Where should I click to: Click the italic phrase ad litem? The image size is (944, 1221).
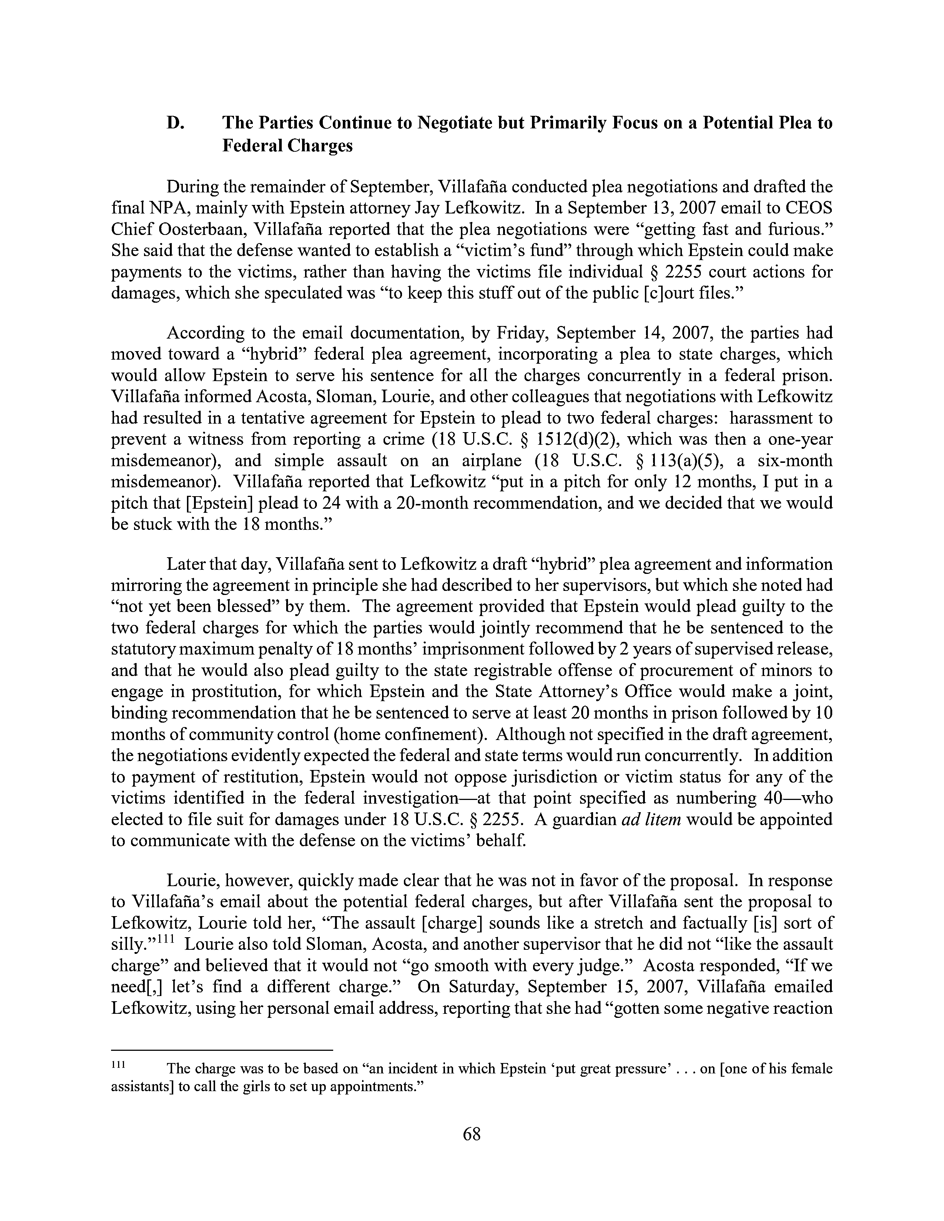point(651,820)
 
